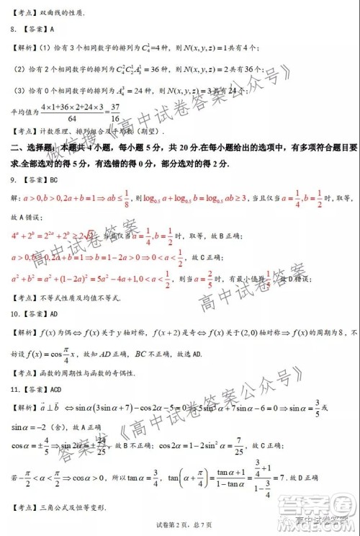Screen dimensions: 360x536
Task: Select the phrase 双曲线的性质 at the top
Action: point(62,12)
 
